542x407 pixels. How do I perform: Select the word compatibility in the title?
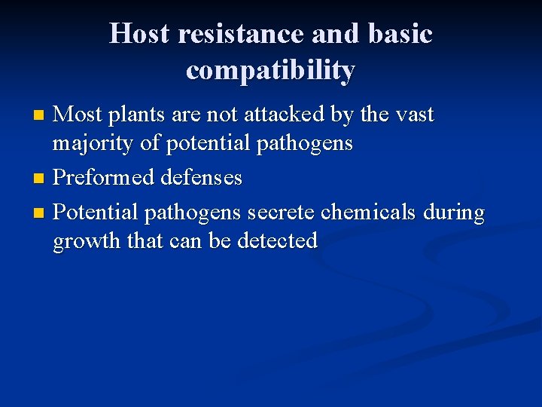(x=270, y=70)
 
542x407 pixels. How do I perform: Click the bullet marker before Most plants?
(x=41, y=115)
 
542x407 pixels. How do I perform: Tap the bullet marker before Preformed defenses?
(x=41, y=179)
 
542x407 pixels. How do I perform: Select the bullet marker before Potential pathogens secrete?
(x=41, y=214)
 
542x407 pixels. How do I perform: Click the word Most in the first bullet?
(x=79, y=115)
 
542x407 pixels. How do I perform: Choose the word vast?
(x=411, y=115)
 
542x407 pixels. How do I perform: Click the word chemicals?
(x=368, y=213)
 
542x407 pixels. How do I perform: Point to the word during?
(x=454, y=214)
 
